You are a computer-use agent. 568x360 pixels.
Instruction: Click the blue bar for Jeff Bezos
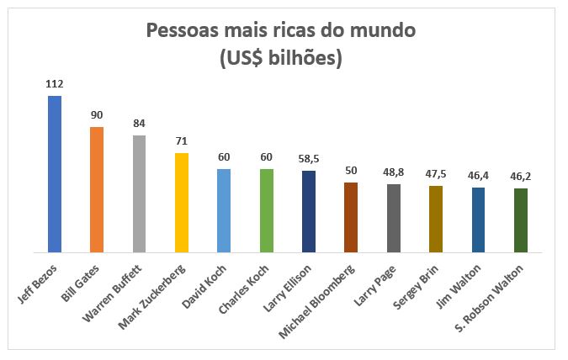click(x=55, y=173)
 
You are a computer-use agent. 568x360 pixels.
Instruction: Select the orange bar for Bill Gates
click(x=97, y=189)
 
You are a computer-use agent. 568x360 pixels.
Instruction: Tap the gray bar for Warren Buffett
click(x=140, y=193)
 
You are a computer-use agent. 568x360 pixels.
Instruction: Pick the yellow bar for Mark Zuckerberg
click(x=182, y=202)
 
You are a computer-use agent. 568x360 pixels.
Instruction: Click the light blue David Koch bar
click(x=224, y=210)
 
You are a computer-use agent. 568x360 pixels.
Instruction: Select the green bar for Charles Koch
click(x=267, y=210)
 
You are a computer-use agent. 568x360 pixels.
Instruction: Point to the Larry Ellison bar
click(x=309, y=211)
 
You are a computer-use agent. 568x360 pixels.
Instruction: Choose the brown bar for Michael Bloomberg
click(x=351, y=217)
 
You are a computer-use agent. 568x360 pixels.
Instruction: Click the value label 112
click(x=55, y=84)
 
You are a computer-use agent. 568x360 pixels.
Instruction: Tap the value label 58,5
click(x=309, y=158)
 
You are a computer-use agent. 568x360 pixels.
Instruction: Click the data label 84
click(x=140, y=124)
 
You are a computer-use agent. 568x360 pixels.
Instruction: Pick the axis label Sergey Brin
click(x=422, y=285)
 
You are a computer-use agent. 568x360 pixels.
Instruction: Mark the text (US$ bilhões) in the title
click(x=281, y=60)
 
